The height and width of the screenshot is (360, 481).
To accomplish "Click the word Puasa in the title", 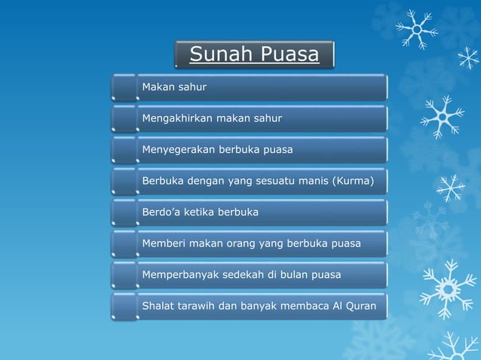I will [x=290, y=55].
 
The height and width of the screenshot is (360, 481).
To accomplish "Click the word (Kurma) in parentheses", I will [x=353, y=181].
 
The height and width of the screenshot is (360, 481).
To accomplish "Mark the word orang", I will [x=239, y=243].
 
